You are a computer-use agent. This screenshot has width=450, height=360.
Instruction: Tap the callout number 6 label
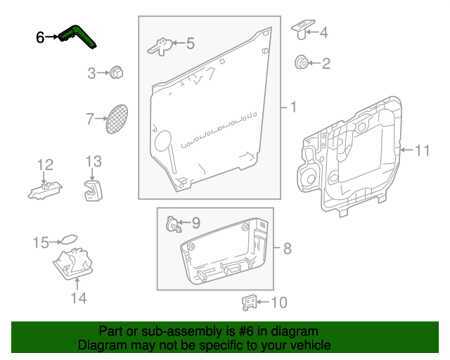pyautogui.click(x=41, y=37)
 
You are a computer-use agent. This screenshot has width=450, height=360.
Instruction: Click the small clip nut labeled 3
pyautogui.click(x=116, y=71)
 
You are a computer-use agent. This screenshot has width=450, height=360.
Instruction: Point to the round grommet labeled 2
pyautogui.click(x=301, y=63)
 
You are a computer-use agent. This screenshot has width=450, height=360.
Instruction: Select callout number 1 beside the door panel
pyautogui.click(x=292, y=108)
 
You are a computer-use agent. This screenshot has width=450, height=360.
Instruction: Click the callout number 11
pyautogui.click(x=421, y=150)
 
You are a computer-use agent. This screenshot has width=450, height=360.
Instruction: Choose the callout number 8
pyautogui.click(x=286, y=248)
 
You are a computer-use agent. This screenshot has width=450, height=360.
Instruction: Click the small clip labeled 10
pyautogui.click(x=249, y=302)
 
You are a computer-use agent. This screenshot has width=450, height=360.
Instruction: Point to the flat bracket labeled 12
pyautogui.click(x=44, y=189)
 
